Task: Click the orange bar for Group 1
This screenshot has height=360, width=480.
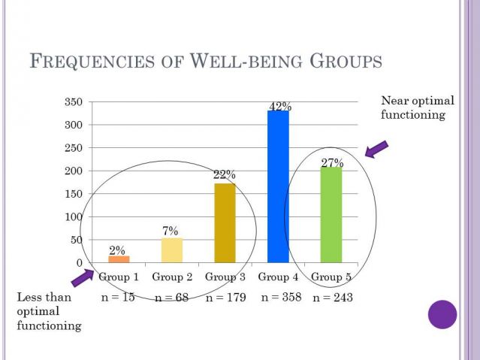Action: click(119, 259)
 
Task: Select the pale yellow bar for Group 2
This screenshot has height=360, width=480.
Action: click(172, 250)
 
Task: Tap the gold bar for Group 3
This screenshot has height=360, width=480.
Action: click(225, 222)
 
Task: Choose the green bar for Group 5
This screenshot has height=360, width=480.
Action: click(331, 214)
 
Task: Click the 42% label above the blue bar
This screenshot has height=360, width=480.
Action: click(279, 107)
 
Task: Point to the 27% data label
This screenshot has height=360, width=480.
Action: click(332, 163)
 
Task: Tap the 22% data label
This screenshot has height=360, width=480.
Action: click(224, 175)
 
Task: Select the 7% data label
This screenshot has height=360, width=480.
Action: click(171, 231)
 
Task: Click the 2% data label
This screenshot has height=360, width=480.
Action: click(118, 250)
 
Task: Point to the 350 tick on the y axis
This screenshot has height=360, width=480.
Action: click(73, 102)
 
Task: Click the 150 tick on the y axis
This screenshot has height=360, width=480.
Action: click(73, 194)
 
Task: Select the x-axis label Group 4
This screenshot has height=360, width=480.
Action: click(279, 277)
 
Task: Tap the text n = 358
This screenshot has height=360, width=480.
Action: click(281, 298)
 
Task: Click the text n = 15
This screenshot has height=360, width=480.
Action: click(118, 298)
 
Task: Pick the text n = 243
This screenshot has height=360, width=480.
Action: click(333, 298)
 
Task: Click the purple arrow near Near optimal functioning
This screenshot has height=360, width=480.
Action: click(376, 149)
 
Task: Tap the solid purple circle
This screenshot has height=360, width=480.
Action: click(442, 314)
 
